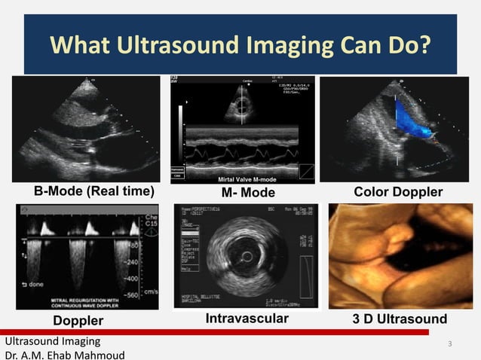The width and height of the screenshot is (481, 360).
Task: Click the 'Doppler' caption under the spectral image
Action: (78, 321)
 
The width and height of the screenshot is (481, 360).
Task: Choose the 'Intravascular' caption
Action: (247, 319)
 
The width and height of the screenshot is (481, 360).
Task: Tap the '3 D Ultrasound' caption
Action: (400, 319)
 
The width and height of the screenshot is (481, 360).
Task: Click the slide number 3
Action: (449, 345)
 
